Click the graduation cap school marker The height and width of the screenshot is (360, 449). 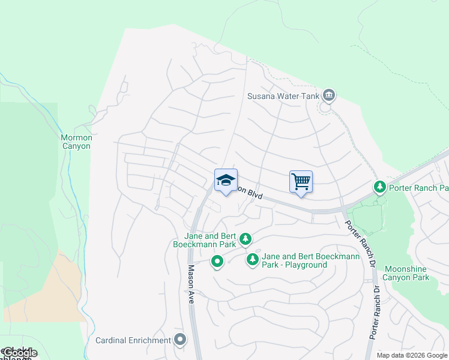pos(226,181)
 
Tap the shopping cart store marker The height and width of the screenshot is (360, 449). pos(301,181)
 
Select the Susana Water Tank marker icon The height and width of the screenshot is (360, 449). pos(328,95)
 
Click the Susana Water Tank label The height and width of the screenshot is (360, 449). pos(283,96)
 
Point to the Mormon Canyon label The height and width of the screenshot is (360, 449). pos(77,142)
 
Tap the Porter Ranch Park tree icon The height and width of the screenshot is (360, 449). pos(379,188)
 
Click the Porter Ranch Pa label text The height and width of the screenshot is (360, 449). pos(418,188)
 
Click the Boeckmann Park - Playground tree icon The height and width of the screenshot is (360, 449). pos(253,260)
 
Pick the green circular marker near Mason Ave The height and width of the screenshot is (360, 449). pos(217,261)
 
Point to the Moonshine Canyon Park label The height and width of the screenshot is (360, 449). pos(406,273)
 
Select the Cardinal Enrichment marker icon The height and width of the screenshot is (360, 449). pos(180,340)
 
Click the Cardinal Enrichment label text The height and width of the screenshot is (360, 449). pos(133,340)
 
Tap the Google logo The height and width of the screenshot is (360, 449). pos(19,353)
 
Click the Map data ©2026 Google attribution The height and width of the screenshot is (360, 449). pos(412,355)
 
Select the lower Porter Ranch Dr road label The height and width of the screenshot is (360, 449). pos(375,312)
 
